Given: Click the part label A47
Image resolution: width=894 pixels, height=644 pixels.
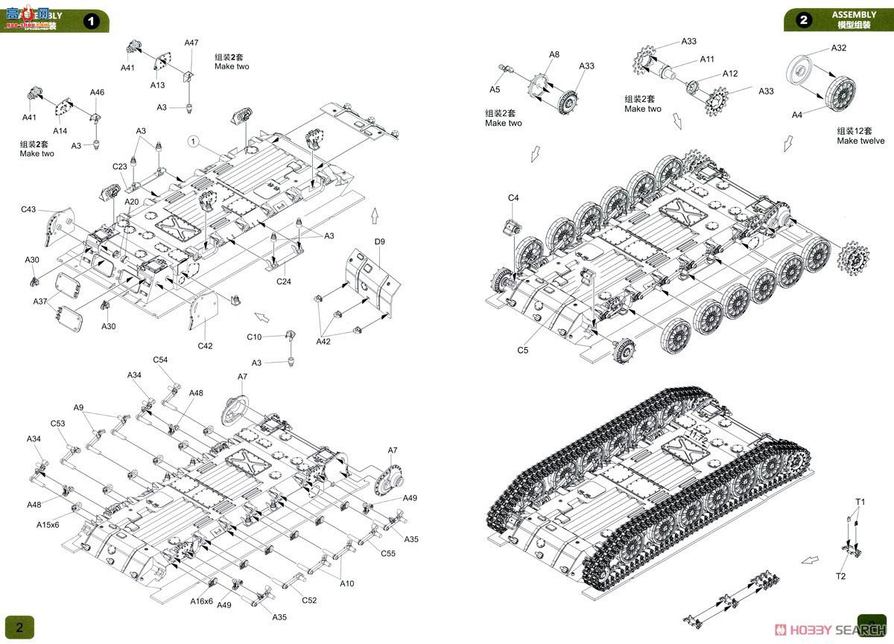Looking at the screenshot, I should pos(191,43).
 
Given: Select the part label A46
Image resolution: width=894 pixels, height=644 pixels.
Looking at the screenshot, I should pos(97,92).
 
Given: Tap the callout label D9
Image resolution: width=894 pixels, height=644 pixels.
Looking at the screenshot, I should pos(379,241).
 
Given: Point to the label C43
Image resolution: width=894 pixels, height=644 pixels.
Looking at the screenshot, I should pos(28,210).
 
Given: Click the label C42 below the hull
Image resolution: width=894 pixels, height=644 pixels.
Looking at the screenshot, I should pos(205,345).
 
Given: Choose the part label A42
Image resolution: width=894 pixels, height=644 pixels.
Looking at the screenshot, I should pos(323,341).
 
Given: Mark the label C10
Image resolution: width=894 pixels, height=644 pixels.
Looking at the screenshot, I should pos(255,337).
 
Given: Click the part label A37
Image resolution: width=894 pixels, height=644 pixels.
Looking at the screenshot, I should pos(40,302).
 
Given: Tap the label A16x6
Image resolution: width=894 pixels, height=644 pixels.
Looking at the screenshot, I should pos(201,601).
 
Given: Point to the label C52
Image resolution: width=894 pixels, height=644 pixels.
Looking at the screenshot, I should pos(309,601).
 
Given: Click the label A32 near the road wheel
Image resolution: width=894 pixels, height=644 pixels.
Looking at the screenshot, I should pos(839,48).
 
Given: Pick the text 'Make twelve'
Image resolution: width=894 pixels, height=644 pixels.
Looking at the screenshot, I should pos(860,141).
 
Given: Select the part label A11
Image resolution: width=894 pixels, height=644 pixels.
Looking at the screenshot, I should pos(706,60).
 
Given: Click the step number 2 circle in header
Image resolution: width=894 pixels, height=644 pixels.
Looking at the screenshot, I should pos(804,20).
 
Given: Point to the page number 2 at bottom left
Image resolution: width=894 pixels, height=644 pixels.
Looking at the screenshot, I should pos(20,627).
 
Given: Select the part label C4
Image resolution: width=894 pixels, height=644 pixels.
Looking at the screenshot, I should pos(513,198).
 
